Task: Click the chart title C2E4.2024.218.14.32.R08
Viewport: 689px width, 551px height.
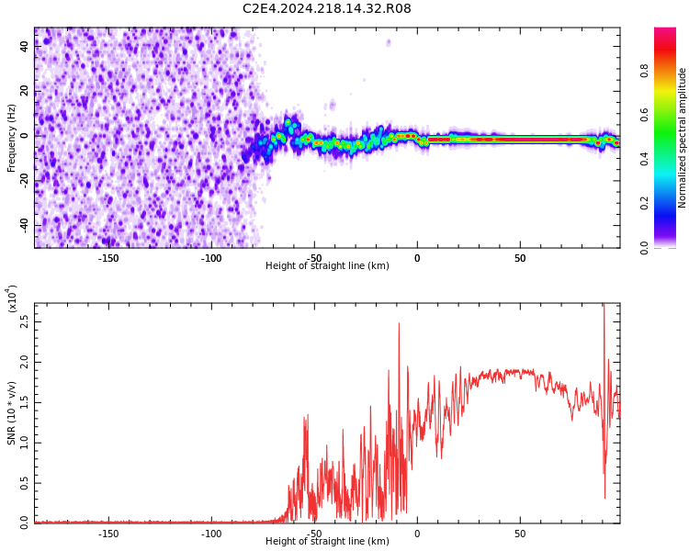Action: (326, 9)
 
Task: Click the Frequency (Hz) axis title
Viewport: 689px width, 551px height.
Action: (12, 138)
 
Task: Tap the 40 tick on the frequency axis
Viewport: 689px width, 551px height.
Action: (25, 47)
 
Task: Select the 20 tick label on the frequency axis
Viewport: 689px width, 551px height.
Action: (25, 92)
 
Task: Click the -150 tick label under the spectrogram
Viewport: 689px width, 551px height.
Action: (108, 258)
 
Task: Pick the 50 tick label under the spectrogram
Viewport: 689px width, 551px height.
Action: (520, 258)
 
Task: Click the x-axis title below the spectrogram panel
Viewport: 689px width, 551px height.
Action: (327, 266)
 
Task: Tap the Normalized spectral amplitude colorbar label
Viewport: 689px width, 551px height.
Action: (683, 138)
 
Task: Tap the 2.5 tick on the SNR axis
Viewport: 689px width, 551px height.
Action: (24, 322)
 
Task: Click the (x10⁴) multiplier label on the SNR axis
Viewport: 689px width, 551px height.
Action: (12, 298)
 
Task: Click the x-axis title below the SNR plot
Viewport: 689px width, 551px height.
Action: (327, 542)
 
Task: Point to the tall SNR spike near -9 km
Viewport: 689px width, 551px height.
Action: (399, 325)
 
